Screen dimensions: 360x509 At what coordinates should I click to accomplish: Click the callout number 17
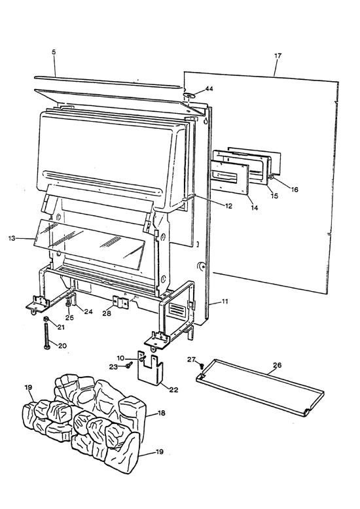278,56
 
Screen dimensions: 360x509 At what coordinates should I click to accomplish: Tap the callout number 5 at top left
54,52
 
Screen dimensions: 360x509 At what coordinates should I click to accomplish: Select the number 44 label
209,88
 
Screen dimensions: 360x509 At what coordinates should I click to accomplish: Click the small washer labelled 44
189,95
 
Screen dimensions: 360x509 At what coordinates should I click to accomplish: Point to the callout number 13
12,239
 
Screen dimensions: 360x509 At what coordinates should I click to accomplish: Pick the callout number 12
228,206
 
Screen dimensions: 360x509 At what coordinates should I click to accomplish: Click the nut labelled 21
46,320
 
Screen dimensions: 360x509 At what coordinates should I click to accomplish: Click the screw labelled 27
202,366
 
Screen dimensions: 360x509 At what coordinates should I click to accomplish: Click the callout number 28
107,313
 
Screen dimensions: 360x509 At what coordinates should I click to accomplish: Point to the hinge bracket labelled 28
120,302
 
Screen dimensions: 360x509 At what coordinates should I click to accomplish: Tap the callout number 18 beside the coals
162,413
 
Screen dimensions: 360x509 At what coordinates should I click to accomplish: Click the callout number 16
295,189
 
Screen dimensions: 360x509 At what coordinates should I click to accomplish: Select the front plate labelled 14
230,177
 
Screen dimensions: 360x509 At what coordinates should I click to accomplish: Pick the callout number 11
225,301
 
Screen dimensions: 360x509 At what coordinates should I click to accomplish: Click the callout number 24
88,311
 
